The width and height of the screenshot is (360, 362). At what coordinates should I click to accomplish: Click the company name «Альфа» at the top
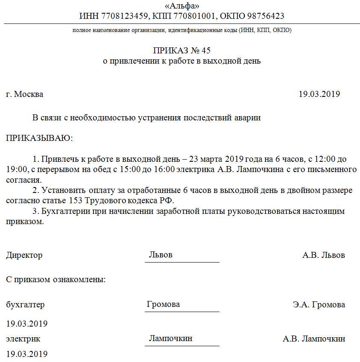(x=181, y=6)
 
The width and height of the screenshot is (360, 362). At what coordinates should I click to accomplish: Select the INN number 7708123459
(x=124, y=16)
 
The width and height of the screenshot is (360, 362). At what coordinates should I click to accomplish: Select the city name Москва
(x=29, y=94)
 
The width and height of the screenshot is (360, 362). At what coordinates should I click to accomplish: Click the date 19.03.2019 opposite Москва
(x=319, y=94)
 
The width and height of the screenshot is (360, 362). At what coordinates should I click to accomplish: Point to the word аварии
(x=246, y=118)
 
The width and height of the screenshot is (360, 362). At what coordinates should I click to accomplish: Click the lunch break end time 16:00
(x=164, y=169)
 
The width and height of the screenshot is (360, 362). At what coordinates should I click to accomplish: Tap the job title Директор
(x=24, y=255)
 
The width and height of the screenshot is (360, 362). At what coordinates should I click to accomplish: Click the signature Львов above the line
(x=161, y=255)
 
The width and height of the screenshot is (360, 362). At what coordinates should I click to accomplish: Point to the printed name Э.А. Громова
(x=319, y=305)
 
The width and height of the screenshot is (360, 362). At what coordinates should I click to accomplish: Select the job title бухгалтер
(x=25, y=305)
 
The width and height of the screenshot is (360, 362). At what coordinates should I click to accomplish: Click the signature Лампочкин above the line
(x=170, y=339)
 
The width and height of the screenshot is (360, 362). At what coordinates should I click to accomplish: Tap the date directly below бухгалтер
(x=26, y=324)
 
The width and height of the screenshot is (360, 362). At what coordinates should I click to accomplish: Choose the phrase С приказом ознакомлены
(x=56, y=280)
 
